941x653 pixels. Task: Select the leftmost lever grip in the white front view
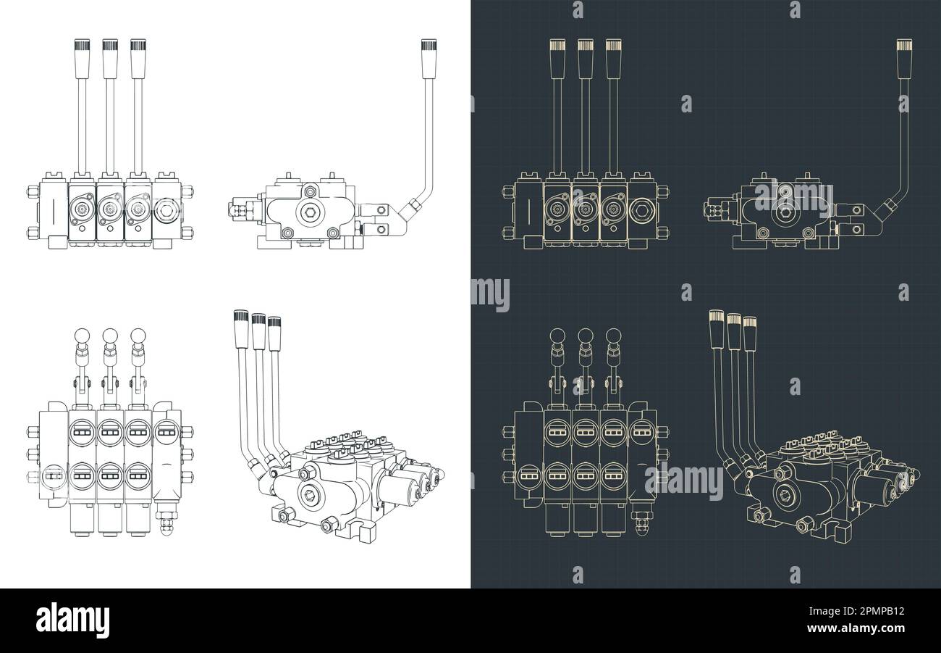81,56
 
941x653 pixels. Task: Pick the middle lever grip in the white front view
109,56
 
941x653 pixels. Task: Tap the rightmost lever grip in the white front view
138,56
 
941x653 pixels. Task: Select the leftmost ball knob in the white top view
82,336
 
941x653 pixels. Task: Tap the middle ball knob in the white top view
110,336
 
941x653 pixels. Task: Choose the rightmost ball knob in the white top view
138,336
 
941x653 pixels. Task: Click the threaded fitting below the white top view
166,524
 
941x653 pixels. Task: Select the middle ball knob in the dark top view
586,336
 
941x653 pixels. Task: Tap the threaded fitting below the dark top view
642,524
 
